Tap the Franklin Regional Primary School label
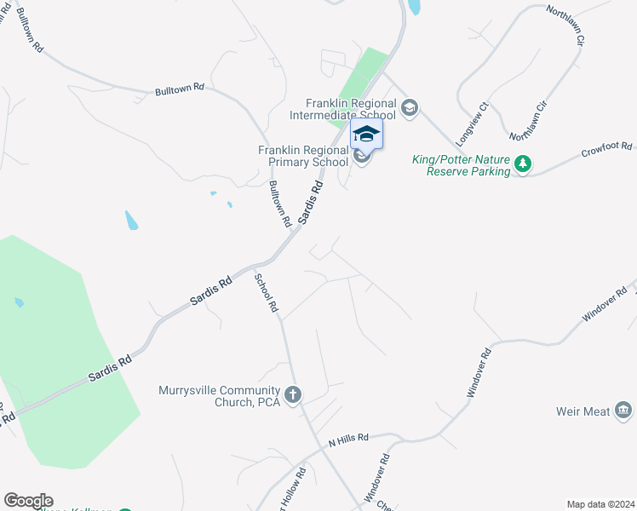click(304, 156)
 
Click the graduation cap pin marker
click(366, 135)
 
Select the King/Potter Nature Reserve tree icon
click(523, 164)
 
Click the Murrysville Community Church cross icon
click(293, 393)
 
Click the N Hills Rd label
click(348, 439)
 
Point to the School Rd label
click(267, 291)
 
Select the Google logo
click(28, 501)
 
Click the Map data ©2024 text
click(600, 504)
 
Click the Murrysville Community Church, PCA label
click(219, 397)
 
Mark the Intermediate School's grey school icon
click(410, 107)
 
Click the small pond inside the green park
click(19, 302)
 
